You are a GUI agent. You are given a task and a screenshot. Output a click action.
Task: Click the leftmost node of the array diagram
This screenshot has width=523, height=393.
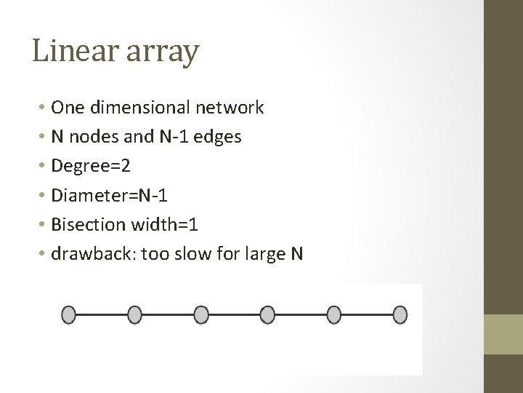68,315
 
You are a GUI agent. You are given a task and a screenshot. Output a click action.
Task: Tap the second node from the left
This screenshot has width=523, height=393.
134,315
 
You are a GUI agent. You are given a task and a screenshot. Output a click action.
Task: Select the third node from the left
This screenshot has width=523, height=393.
201,315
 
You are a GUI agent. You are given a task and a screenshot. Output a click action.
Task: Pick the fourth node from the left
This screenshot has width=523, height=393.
267,315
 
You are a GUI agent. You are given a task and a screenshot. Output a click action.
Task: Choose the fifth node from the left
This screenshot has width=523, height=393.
334,315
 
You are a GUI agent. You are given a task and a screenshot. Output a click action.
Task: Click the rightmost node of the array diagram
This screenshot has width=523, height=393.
400,315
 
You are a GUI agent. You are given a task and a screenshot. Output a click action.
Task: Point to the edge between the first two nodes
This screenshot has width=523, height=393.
102,315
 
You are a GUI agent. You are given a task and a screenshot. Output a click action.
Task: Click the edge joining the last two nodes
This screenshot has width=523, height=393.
367,315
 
